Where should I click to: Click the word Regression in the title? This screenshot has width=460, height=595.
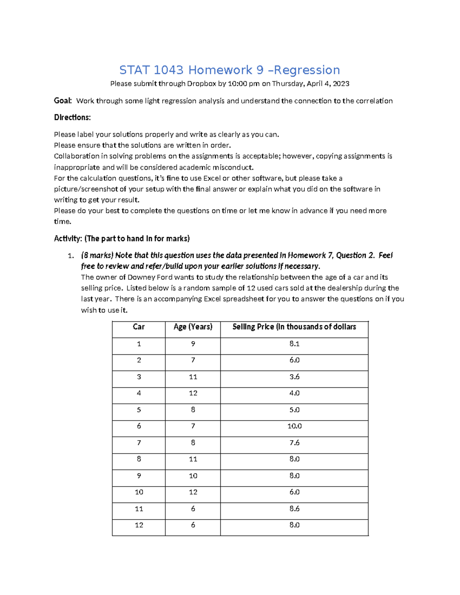tap(307, 70)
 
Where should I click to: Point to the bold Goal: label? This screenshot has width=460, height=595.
tap(63, 101)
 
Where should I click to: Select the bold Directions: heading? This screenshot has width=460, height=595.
tap(72, 118)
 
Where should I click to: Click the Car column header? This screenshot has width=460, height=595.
tap(138, 327)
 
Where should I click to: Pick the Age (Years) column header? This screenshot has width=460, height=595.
tap(193, 327)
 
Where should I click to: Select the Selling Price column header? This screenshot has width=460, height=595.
tap(294, 327)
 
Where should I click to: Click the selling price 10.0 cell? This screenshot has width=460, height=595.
tap(294, 426)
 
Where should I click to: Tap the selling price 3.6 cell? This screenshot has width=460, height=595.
tap(294, 377)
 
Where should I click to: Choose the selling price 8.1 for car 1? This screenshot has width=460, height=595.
tap(294, 344)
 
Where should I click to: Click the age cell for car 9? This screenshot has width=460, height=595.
tap(193, 475)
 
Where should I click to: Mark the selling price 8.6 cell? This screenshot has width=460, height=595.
tap(294, 508)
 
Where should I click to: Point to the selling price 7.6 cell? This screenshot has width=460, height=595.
tap(294, 443)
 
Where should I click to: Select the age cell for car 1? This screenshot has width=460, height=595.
tap(193, 344)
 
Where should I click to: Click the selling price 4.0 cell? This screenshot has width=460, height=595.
tap(294, 393)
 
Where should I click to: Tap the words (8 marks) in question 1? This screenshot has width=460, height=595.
tap(97, 256)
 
